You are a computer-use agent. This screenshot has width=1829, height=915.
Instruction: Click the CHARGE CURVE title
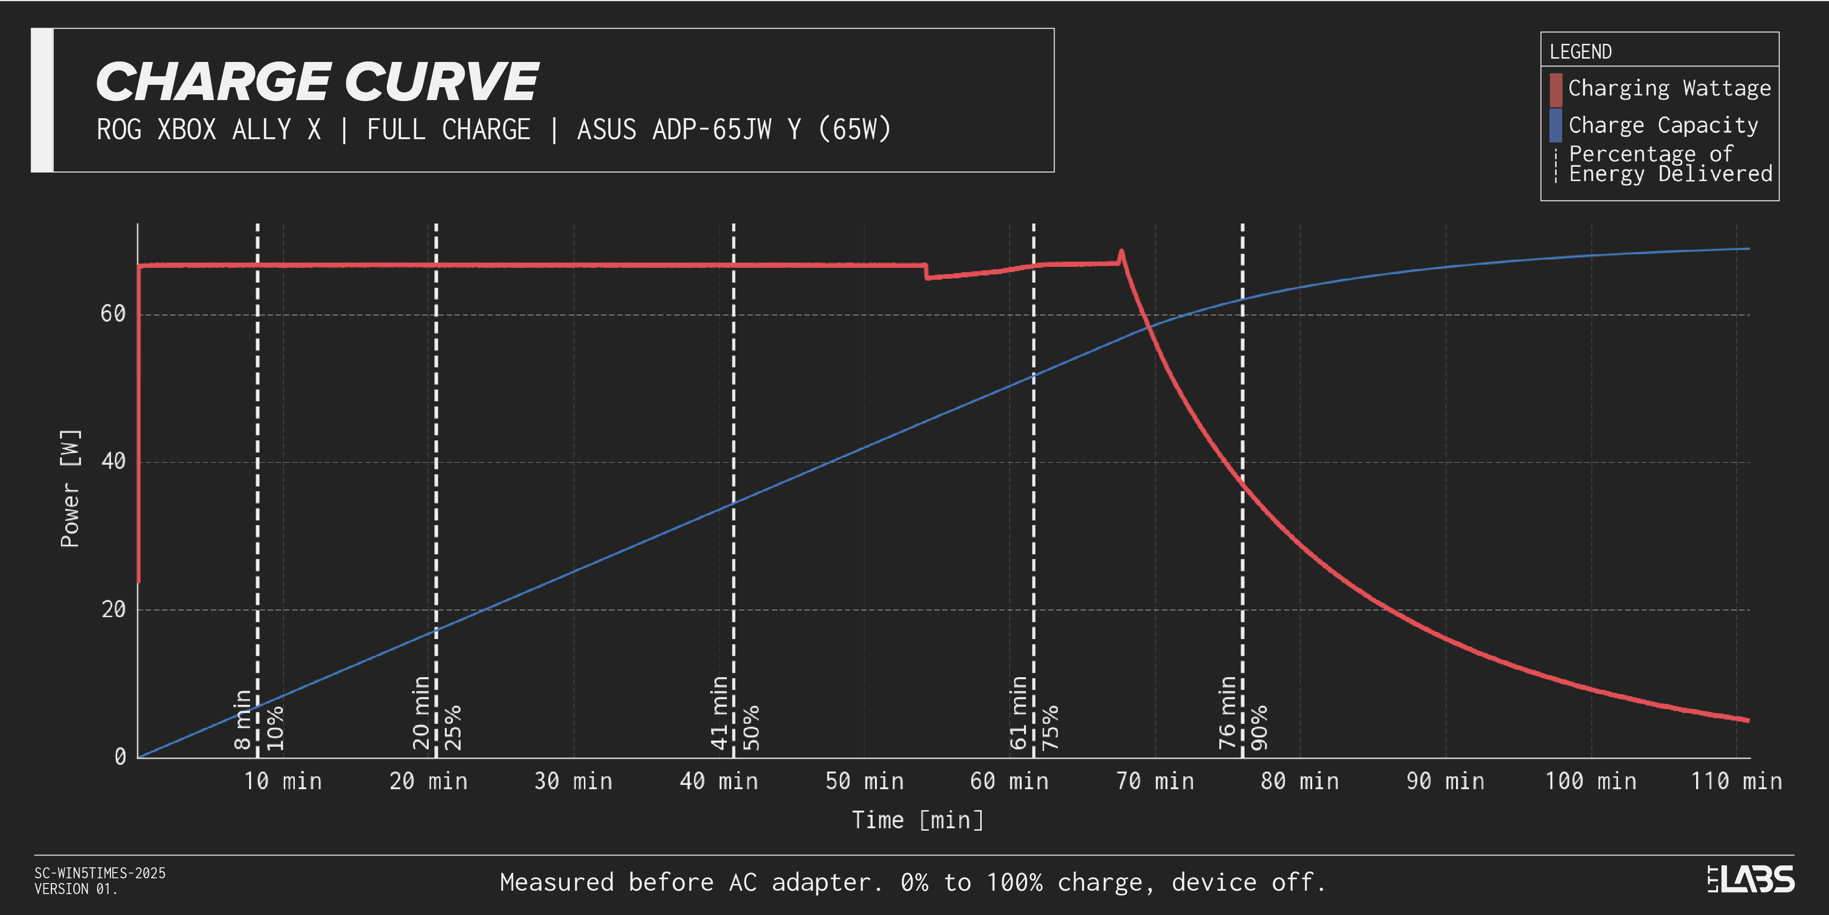click(x=317, y=81)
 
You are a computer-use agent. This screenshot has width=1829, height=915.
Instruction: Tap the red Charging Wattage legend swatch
click(x=1556, y=90)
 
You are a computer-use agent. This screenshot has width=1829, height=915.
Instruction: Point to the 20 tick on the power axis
click(x=113, y=609)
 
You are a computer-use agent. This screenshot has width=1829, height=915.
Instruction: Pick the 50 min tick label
click(x=864, y=782)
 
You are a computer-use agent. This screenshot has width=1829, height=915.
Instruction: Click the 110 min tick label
click(x=1736, y=782)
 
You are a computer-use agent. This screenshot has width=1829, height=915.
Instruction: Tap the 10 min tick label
click(x=282, y=782)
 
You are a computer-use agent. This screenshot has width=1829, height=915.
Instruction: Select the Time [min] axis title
click(x=917, y=821)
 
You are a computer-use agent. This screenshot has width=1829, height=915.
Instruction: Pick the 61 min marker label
click(x=1019, y=712)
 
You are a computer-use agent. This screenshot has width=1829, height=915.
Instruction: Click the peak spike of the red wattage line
click(x=1121, y=252)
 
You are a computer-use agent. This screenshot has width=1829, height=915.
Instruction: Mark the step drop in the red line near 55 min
click(x=926, y=271)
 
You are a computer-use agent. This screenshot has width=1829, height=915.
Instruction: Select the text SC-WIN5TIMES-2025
click(x=100, y=873)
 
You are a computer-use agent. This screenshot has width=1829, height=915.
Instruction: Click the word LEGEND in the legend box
click(x=1580, y=52)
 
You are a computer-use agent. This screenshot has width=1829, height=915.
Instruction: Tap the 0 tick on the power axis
click(x=120, y=757)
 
